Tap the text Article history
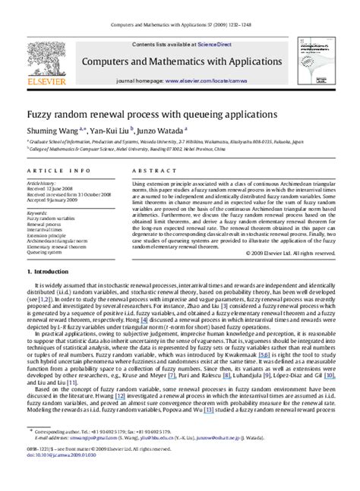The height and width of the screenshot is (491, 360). [x=42, y=184]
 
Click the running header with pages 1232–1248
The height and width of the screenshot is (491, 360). [x=180, y=5]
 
